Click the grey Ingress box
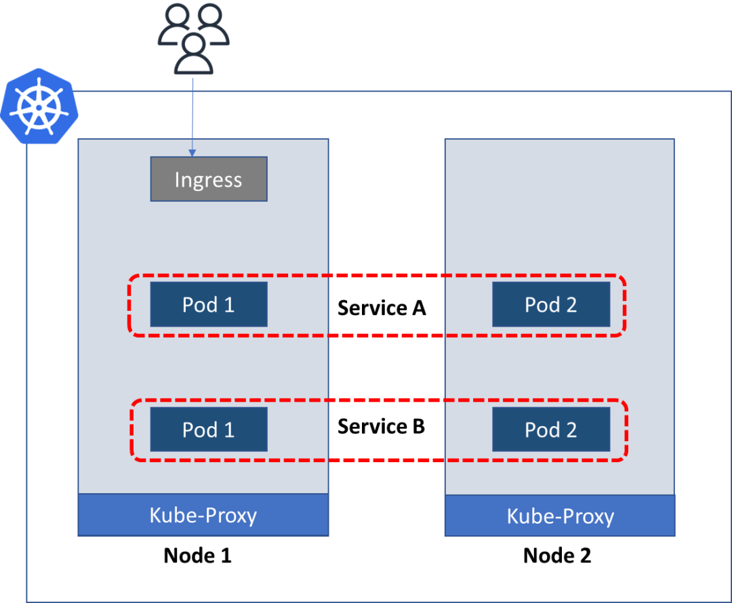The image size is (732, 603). (209, 179)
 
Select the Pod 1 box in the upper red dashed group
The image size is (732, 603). (209, 304)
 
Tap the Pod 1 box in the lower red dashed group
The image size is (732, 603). (209, 429)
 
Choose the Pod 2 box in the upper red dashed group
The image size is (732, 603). (551, 304)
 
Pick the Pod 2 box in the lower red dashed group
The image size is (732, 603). (551, 429)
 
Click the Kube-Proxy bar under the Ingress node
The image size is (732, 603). (203, 515)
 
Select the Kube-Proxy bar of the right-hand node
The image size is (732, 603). (560, 516)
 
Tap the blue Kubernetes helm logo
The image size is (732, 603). (39, 106)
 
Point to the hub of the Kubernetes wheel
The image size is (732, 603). (39, 107)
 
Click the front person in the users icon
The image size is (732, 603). (194, 54)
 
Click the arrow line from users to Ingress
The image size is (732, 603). (193, 112)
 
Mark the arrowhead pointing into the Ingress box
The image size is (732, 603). (193, 152)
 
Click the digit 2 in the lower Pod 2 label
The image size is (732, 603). (571, 430)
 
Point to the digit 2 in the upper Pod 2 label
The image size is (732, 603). (571, 305)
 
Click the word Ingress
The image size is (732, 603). (208, 180)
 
